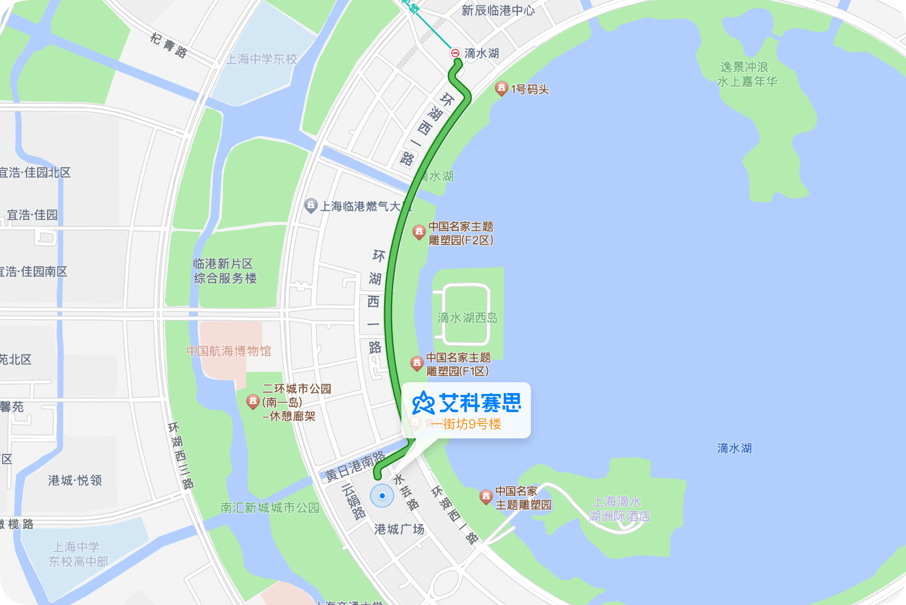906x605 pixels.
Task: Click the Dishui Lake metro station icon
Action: [x=455, y=53]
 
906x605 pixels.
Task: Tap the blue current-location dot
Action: [x=382, y=496]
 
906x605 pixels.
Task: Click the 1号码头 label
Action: [x=530, y=89]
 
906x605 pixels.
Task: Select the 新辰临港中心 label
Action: [x=498, y=10]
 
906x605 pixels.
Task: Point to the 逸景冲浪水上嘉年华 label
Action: [x=747, y=74]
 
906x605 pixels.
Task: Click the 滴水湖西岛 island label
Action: [x=467, y=318]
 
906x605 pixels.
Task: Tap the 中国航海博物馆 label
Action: [x=229, y=351]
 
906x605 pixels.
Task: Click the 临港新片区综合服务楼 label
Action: [x=225, y=271]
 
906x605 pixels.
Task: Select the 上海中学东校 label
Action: [x=261, y=59]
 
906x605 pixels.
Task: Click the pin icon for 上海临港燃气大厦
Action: [x=311, y=205]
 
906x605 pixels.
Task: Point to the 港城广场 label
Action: [x=399, y=529]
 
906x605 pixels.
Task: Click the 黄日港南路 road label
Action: [x=356, y=466]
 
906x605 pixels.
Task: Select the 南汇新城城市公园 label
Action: [x=270, y=508]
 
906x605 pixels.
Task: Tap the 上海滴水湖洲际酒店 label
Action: [x=619, y=509]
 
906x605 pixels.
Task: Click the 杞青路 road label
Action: [x=169, y=45]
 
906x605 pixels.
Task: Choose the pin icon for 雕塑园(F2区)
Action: [x=419, y=232]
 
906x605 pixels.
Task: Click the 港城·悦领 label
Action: [x=75, y=480]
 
